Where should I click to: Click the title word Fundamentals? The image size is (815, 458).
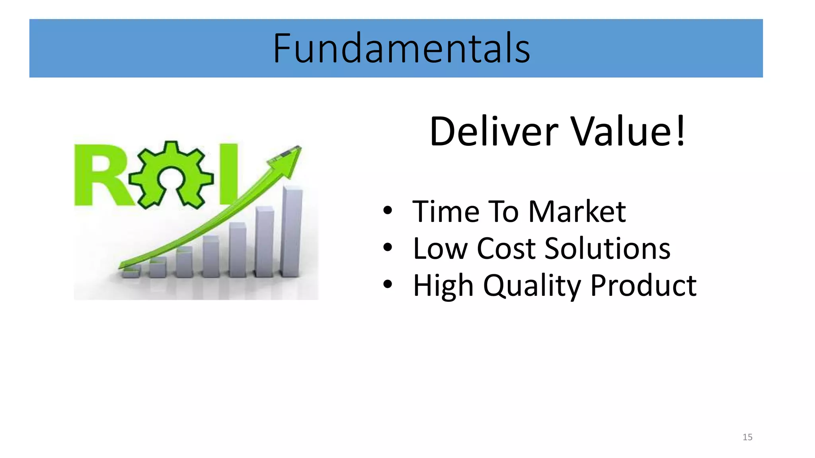coord(401,49)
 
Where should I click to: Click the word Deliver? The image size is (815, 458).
coord(494,132)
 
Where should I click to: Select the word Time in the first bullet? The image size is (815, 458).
coord(446,212)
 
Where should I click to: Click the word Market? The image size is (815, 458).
coord(577,212)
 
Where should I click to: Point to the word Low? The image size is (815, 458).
coord(440,249)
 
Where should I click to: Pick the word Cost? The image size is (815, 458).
coord(507,249)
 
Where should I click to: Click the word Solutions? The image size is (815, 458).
coord(607,249)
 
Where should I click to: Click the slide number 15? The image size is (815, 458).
coord(747,437)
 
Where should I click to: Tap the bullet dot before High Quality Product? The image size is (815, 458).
coord(388,285)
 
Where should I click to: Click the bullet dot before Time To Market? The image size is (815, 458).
coord(388,211)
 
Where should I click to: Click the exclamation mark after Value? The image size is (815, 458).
coord(681,132)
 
